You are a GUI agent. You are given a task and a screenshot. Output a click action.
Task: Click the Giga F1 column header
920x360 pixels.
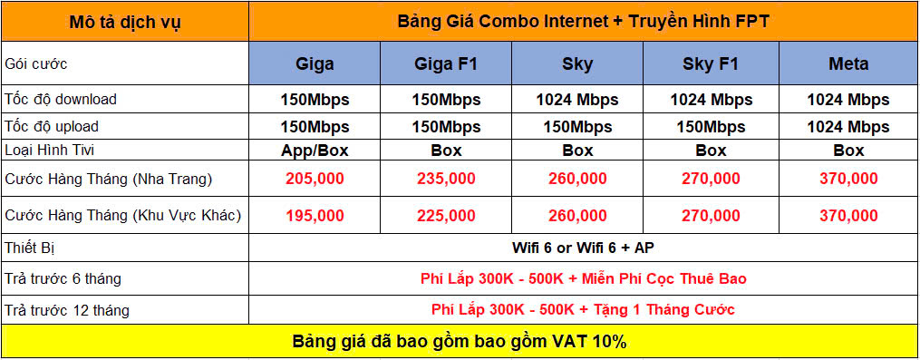(x=446, y=63)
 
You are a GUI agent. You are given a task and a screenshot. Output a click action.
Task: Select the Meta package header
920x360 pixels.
(x=848, y=63)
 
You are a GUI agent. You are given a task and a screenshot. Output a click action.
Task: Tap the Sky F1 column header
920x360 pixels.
(x=712, y=63)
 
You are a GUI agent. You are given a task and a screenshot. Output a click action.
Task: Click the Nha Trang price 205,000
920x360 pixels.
(x=315, y=179)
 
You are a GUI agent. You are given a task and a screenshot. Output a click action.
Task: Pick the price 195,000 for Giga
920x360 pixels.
(x=315, y=216)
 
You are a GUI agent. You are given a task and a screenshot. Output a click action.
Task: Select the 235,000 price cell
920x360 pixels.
(x=446, y=179)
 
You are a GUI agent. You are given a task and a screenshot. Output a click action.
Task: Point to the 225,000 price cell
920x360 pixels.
(x=446, y=216)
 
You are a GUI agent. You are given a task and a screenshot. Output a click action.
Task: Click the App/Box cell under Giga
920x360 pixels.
(x=315, y=151)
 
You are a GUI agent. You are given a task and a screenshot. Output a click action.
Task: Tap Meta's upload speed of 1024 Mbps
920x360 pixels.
(x=848, y=127)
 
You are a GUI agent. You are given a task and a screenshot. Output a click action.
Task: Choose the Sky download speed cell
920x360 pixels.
(x=577, y=99)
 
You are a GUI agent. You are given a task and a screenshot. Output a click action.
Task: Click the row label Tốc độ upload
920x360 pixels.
(x=52, y=126)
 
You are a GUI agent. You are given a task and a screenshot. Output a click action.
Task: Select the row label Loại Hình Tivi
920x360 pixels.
(x=50, y=150)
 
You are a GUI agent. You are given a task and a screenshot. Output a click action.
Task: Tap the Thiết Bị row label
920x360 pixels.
(x=29, y=248)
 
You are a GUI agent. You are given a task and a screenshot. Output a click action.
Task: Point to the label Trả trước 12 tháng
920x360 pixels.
(x=67, y=309)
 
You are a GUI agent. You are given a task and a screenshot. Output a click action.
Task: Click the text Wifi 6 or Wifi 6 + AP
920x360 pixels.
(x=583, y=248)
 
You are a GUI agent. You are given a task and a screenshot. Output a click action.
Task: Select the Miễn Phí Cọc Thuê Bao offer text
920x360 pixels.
(x=664, y=278)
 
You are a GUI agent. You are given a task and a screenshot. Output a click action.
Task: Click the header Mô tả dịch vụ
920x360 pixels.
(x=125, y=23)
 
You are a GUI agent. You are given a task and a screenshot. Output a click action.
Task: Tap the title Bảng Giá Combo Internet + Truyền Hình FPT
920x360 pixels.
(x=583, y=21)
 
